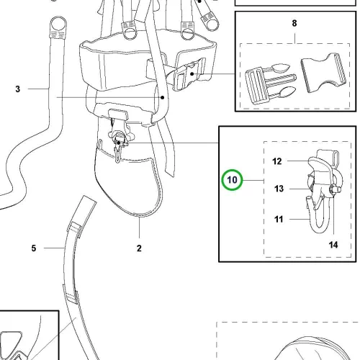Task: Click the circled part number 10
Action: (x=232, y=180)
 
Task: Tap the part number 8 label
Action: (x=294, y=23)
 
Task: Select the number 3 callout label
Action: (x=18, y=89)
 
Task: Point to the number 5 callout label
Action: (x=34, y=248)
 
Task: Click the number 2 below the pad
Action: (x=139, y=248)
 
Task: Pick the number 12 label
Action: (x=277, y=161)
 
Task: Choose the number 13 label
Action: (x=279, y=189)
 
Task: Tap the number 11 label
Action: (x=279, y=219)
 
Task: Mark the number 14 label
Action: (x=333, y=245)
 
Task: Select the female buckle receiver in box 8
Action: (x=324, y=73)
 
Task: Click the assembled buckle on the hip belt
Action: (x=189, y=73)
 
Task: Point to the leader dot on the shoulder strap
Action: (x=163, y=97)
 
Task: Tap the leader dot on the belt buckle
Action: (x=192, y=73)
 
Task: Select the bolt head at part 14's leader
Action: (x=333, y=189)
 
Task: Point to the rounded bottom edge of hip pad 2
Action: (x=139, y=215)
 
